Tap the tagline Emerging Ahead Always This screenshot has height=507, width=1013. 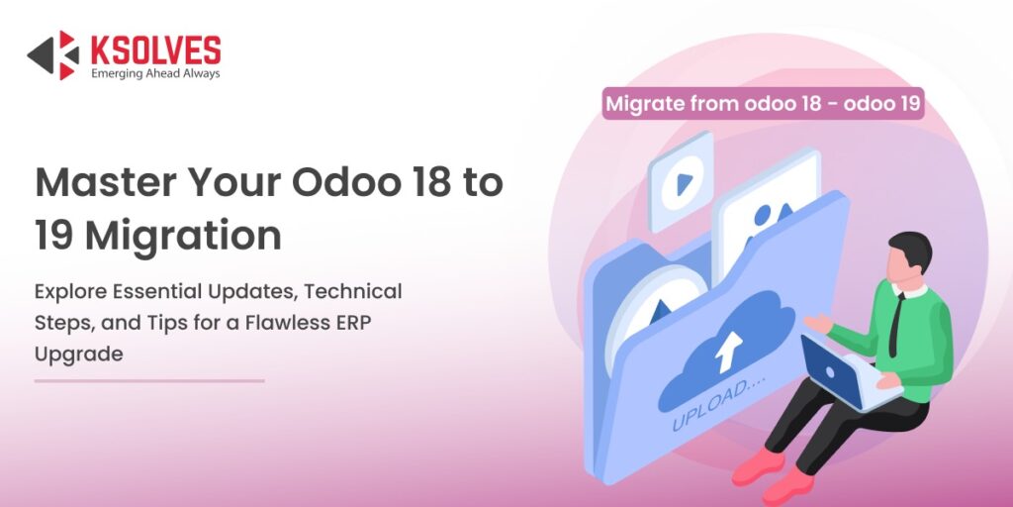pos(155,73)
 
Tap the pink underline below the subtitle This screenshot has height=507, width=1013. pos(149,380)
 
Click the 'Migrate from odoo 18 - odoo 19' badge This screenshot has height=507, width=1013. pos(763,103)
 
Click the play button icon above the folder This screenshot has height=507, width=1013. pos(681,183)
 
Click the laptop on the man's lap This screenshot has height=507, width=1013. pos(841,370)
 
